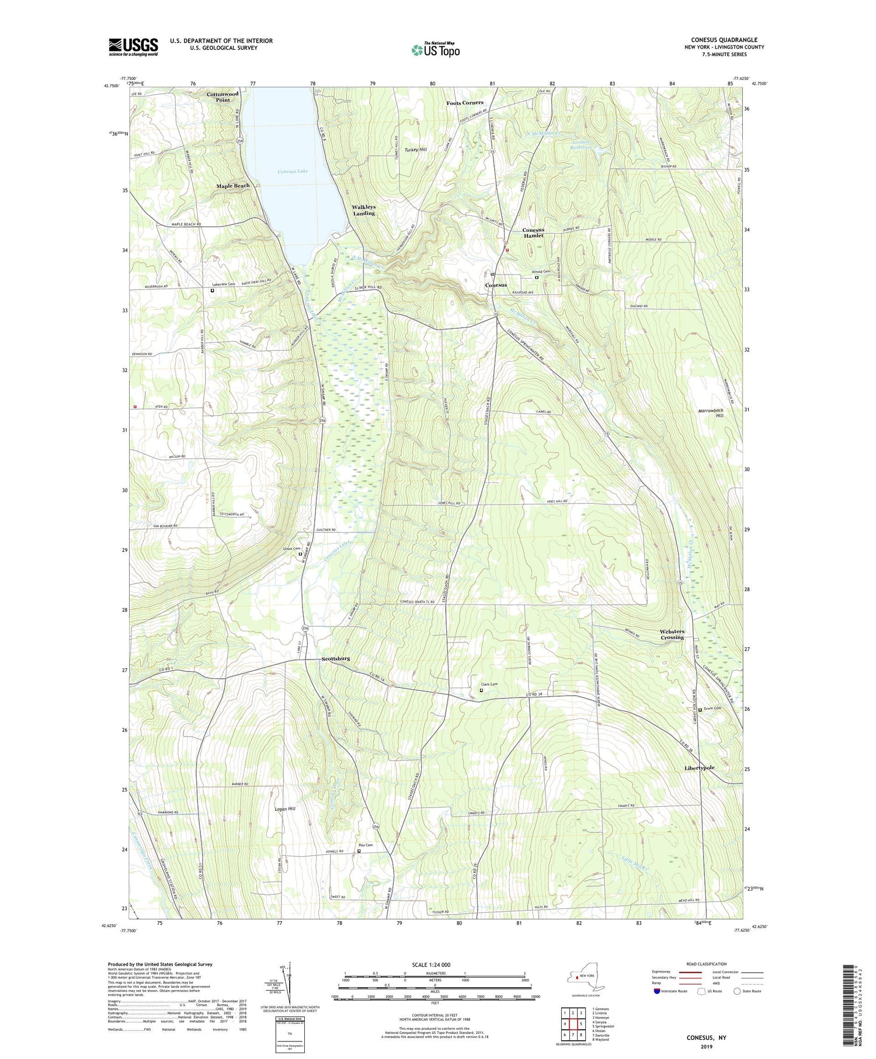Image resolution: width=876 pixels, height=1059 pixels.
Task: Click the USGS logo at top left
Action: [x=133, y=47]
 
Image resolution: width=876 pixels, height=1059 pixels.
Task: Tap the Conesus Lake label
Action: [x=292, y=172]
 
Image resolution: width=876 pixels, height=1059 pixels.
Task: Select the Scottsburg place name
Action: [x=336, y=658]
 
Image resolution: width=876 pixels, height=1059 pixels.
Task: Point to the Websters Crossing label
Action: [x=672, y=634]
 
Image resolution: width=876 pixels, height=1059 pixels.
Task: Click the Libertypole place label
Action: [x=699, y=768]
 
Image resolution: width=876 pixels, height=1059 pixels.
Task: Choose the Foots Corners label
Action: [x=465, y=103]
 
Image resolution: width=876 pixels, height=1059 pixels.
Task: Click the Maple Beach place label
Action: [x=233, y=186]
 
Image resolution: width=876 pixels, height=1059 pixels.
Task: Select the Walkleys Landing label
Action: [x=363, y=210]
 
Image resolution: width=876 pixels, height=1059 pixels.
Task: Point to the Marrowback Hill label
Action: [x=711, y=413]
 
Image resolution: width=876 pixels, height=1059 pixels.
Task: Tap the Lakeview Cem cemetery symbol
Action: [x=213, y=290]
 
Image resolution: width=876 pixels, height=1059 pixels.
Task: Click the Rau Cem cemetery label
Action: [x=366, y=845]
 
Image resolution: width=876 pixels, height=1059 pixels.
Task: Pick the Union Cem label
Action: [x=291, y=548]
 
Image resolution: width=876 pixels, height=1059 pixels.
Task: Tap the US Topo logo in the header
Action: [x=435, y=50]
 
